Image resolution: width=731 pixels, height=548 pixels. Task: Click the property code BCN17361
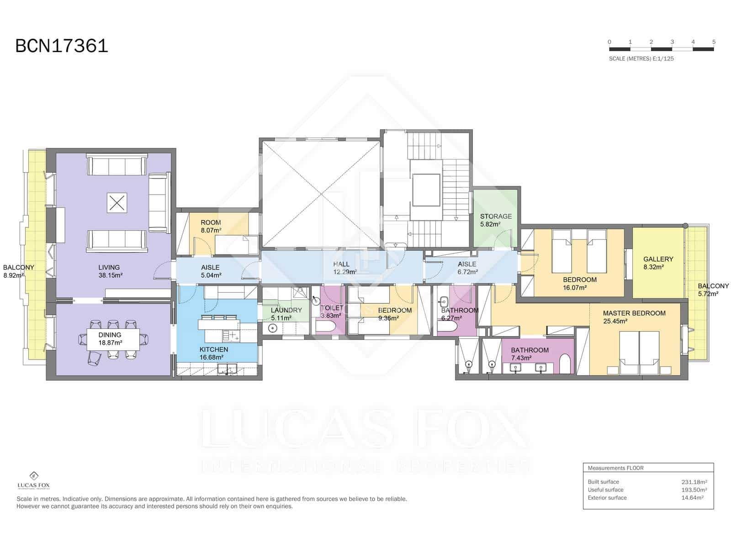point(62,46)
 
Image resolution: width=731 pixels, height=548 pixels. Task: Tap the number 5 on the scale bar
point(714,42)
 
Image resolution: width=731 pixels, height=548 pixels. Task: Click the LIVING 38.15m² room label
point(110,271)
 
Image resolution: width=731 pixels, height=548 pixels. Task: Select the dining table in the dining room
point(110,338)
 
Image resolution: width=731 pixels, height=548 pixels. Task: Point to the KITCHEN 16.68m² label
point(214,353)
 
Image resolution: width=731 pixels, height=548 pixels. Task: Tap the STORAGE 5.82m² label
point(496,220)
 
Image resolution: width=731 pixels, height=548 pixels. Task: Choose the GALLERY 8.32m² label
point(658,263)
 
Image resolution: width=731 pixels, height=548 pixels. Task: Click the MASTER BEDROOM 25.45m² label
point(634,317)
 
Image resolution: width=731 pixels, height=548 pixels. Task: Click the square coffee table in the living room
point(117,203)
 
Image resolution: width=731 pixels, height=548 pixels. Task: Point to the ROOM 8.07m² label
point(211,227)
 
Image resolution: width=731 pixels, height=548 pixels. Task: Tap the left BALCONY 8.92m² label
point(18,271)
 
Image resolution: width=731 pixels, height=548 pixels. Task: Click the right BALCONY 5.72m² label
point(713,290)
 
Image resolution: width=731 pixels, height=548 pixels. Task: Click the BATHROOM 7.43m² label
point(530,354)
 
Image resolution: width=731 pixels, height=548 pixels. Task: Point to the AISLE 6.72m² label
point(467,268)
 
